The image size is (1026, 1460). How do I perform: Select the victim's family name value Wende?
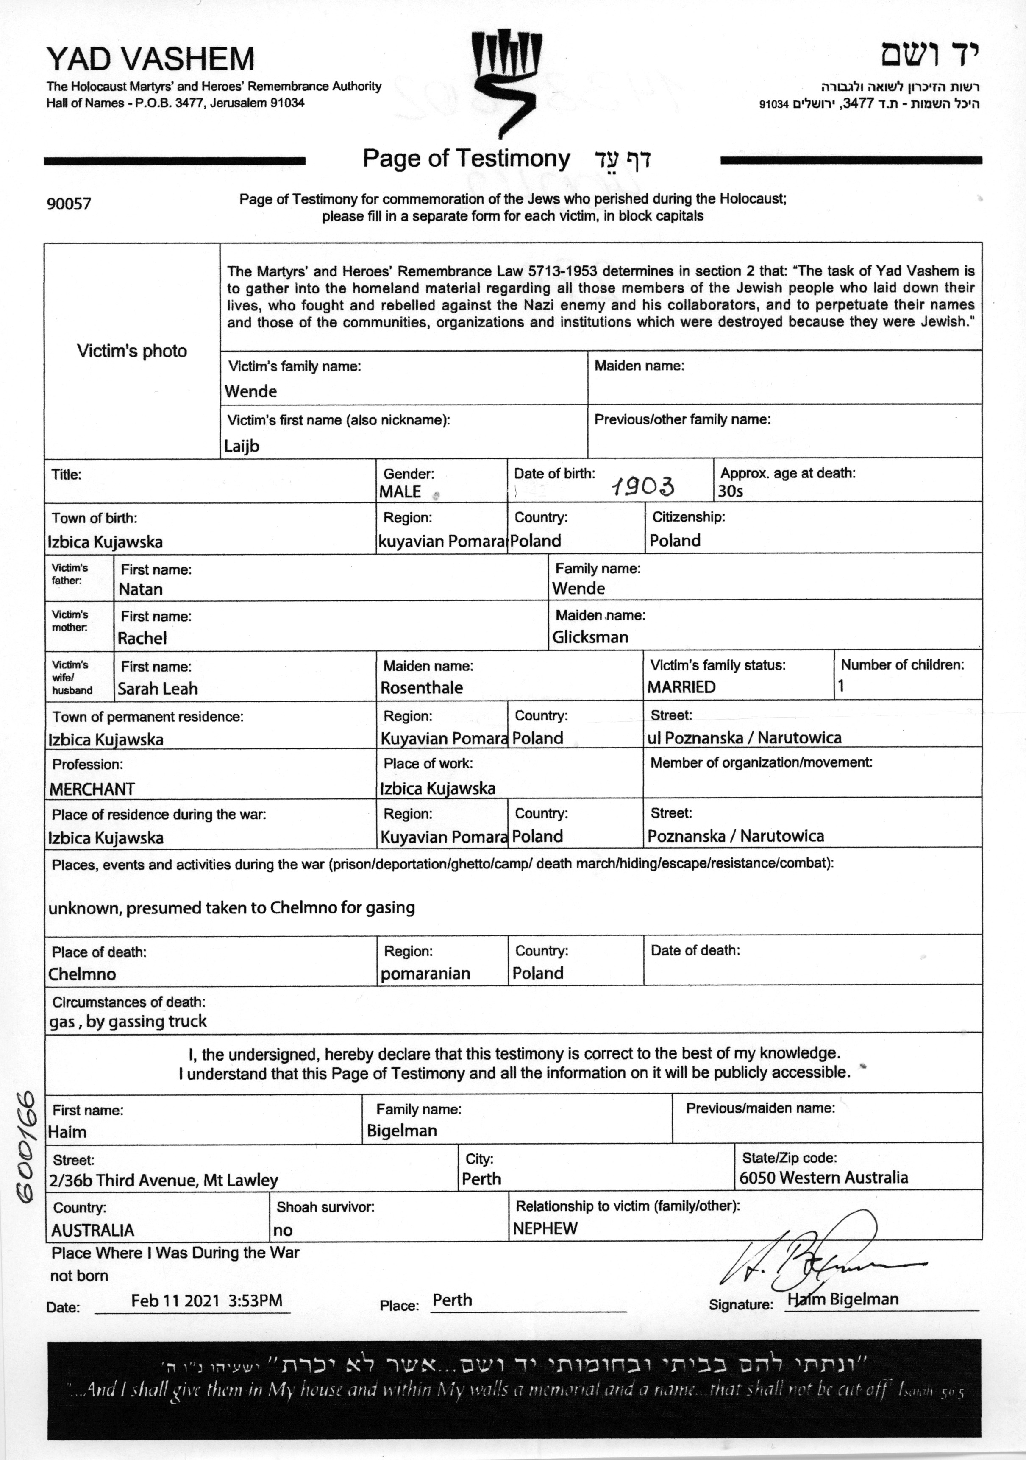pyautogui.click(x=250, y=391)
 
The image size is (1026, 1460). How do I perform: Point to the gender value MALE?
pyautogui.click(x=400, y=491)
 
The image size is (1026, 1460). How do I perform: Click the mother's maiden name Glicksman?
pyautogui.click(x=590, y=637)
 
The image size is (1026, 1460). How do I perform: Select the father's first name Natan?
pyautogui.click(x=141, y=589)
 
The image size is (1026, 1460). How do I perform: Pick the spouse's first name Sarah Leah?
pyautogui.click(x=158, y=689)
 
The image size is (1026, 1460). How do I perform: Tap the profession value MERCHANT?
pyautogui.click(x=92, y=789)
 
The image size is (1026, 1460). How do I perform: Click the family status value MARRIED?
pyautogui.click(x=681, y=687)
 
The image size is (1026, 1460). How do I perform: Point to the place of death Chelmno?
pyautogui.click(x=82, y=974)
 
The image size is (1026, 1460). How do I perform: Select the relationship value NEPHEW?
pyautogui.click(x=545, y=1228)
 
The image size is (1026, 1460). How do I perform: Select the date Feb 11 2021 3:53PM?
pyautogui.click(x=207, y=1301)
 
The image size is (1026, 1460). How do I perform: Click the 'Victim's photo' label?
pyautogui.click(x=131, y=351)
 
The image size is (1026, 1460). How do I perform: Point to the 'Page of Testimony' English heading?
pyautogui.click(x=466, y=158)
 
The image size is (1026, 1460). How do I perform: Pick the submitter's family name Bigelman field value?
pyautogui.click(x=402, y=1131)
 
